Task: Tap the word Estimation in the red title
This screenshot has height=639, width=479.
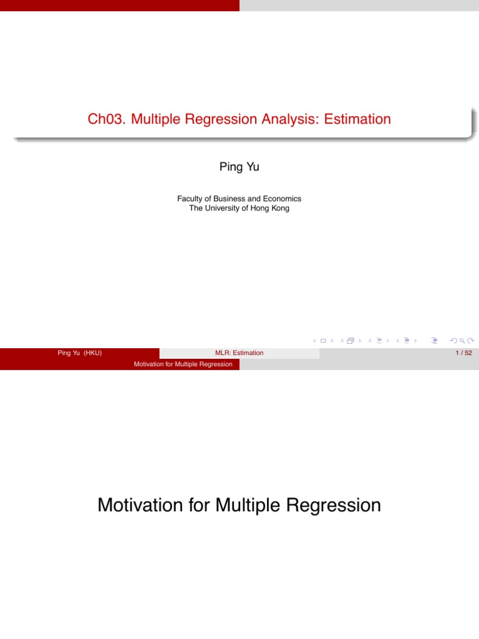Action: click(359, 119)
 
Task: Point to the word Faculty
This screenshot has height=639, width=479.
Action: click(191, 198)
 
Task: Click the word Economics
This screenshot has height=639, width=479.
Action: click(281, 198)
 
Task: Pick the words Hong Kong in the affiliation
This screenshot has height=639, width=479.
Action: click(271, 208)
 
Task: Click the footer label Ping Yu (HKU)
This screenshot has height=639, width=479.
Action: click(79, 353)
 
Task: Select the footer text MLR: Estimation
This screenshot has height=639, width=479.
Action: click(239, 353)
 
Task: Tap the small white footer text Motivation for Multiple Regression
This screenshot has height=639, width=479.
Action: click(183, 364)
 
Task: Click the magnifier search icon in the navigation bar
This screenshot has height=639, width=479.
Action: click(462, 341)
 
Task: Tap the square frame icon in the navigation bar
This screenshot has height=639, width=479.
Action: click(323, 341)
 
